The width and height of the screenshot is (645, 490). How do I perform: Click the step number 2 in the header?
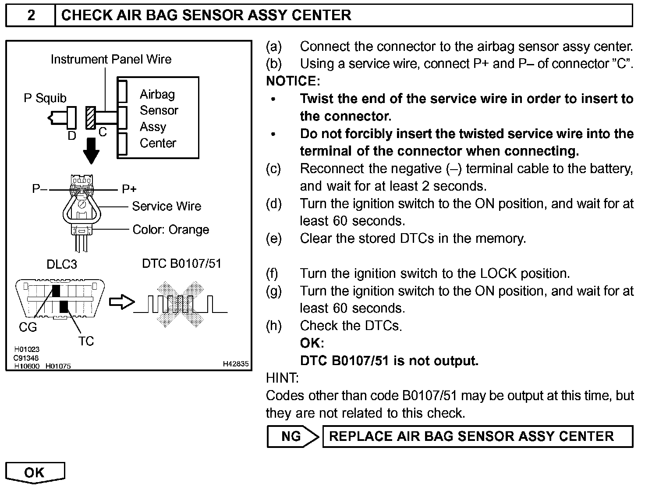click(31, 15)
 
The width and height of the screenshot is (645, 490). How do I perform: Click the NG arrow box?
click(292, 436)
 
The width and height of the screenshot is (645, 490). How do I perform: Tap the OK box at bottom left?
click(35, 472)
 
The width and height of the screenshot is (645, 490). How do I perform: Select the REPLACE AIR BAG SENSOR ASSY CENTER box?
click(477, 436)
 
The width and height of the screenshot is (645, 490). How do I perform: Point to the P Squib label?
click(45, 98)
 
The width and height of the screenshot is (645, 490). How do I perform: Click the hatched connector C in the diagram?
click(91, 117)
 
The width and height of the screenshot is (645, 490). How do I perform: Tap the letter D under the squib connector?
click(72, 136)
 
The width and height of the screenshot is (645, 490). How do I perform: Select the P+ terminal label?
click(129, 189)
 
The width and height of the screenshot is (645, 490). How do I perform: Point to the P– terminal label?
click(39, 189)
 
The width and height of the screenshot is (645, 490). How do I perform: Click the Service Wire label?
click(167, 206)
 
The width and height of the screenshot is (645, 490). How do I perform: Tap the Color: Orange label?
click(171, 230)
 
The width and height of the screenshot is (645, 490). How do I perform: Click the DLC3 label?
click(62, 264)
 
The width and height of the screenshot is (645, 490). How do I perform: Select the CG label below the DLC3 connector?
click(28, 327)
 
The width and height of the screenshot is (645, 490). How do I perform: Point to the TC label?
click(86, 341)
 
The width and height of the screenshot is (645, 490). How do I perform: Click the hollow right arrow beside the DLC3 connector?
click(121, 302)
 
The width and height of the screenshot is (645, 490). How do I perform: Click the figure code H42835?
click(235, 364)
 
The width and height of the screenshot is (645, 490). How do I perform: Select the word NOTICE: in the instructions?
click(293, 81)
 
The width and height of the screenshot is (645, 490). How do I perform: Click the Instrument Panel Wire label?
click(111, 59)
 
